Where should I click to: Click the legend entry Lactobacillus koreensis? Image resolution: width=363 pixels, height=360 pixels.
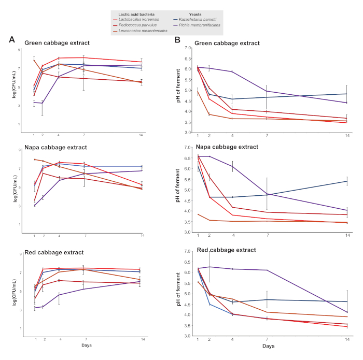pyautogui.click(x=145, y=18)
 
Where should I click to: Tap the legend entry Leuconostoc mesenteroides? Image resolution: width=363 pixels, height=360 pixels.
pyautogui.click(x=148, y=31)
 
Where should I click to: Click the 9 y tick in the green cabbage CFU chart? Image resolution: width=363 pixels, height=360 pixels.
pyautogui.click(x=20, y=50)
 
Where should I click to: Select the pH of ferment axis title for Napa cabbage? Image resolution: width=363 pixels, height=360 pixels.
pyautogui.click(x=179, y=190)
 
